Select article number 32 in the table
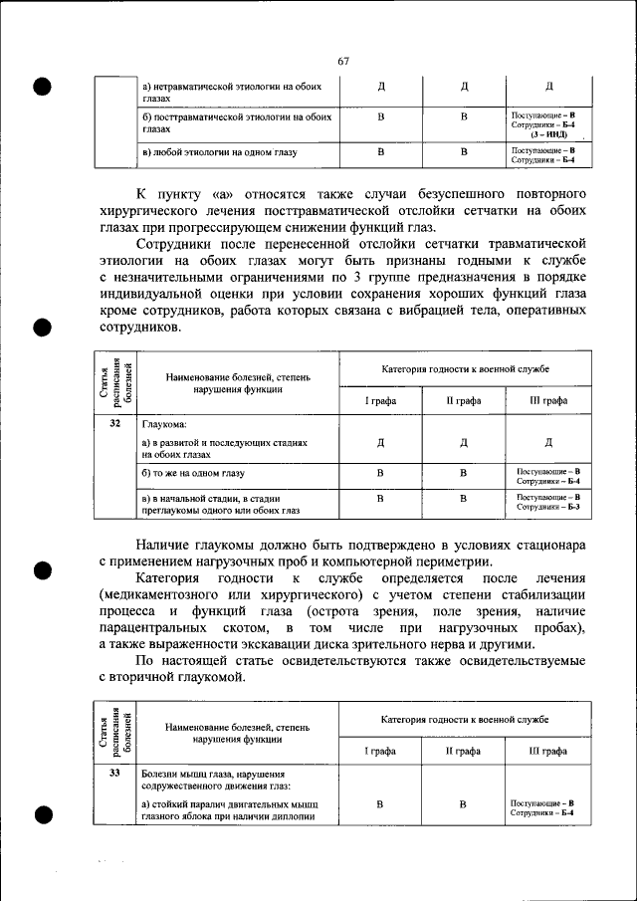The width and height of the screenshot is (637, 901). click(115, 424)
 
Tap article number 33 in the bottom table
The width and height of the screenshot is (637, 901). click(115, 773)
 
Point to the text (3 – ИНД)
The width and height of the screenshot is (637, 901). click(542, 133)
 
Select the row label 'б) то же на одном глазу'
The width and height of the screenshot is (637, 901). click(194, 473)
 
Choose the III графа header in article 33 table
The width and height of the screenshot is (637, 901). click(548, 752)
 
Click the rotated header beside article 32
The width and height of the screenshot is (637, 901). click(115, 383)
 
